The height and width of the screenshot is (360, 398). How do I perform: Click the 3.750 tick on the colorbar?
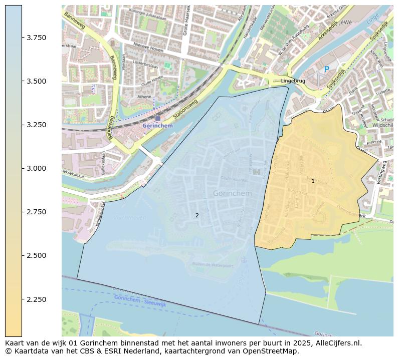click(x=36, y=38)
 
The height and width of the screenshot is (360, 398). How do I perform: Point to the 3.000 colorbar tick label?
click(x=36, y=168)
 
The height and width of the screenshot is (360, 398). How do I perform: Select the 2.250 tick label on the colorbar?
click(x=36, y=299)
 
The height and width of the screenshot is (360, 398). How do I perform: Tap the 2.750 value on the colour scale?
click(x=36, y=212)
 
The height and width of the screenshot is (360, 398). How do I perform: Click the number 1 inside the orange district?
click(x=313, y=181)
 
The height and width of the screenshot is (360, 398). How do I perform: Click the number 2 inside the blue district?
click(x=197, y=215)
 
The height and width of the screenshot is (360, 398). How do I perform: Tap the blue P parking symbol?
click(x=327, y=70)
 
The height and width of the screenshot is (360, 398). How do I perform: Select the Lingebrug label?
click(x=293, y=80)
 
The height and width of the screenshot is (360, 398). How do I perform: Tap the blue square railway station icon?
click(x=158, y=119)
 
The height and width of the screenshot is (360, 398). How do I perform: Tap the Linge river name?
click(x=372, y=19)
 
